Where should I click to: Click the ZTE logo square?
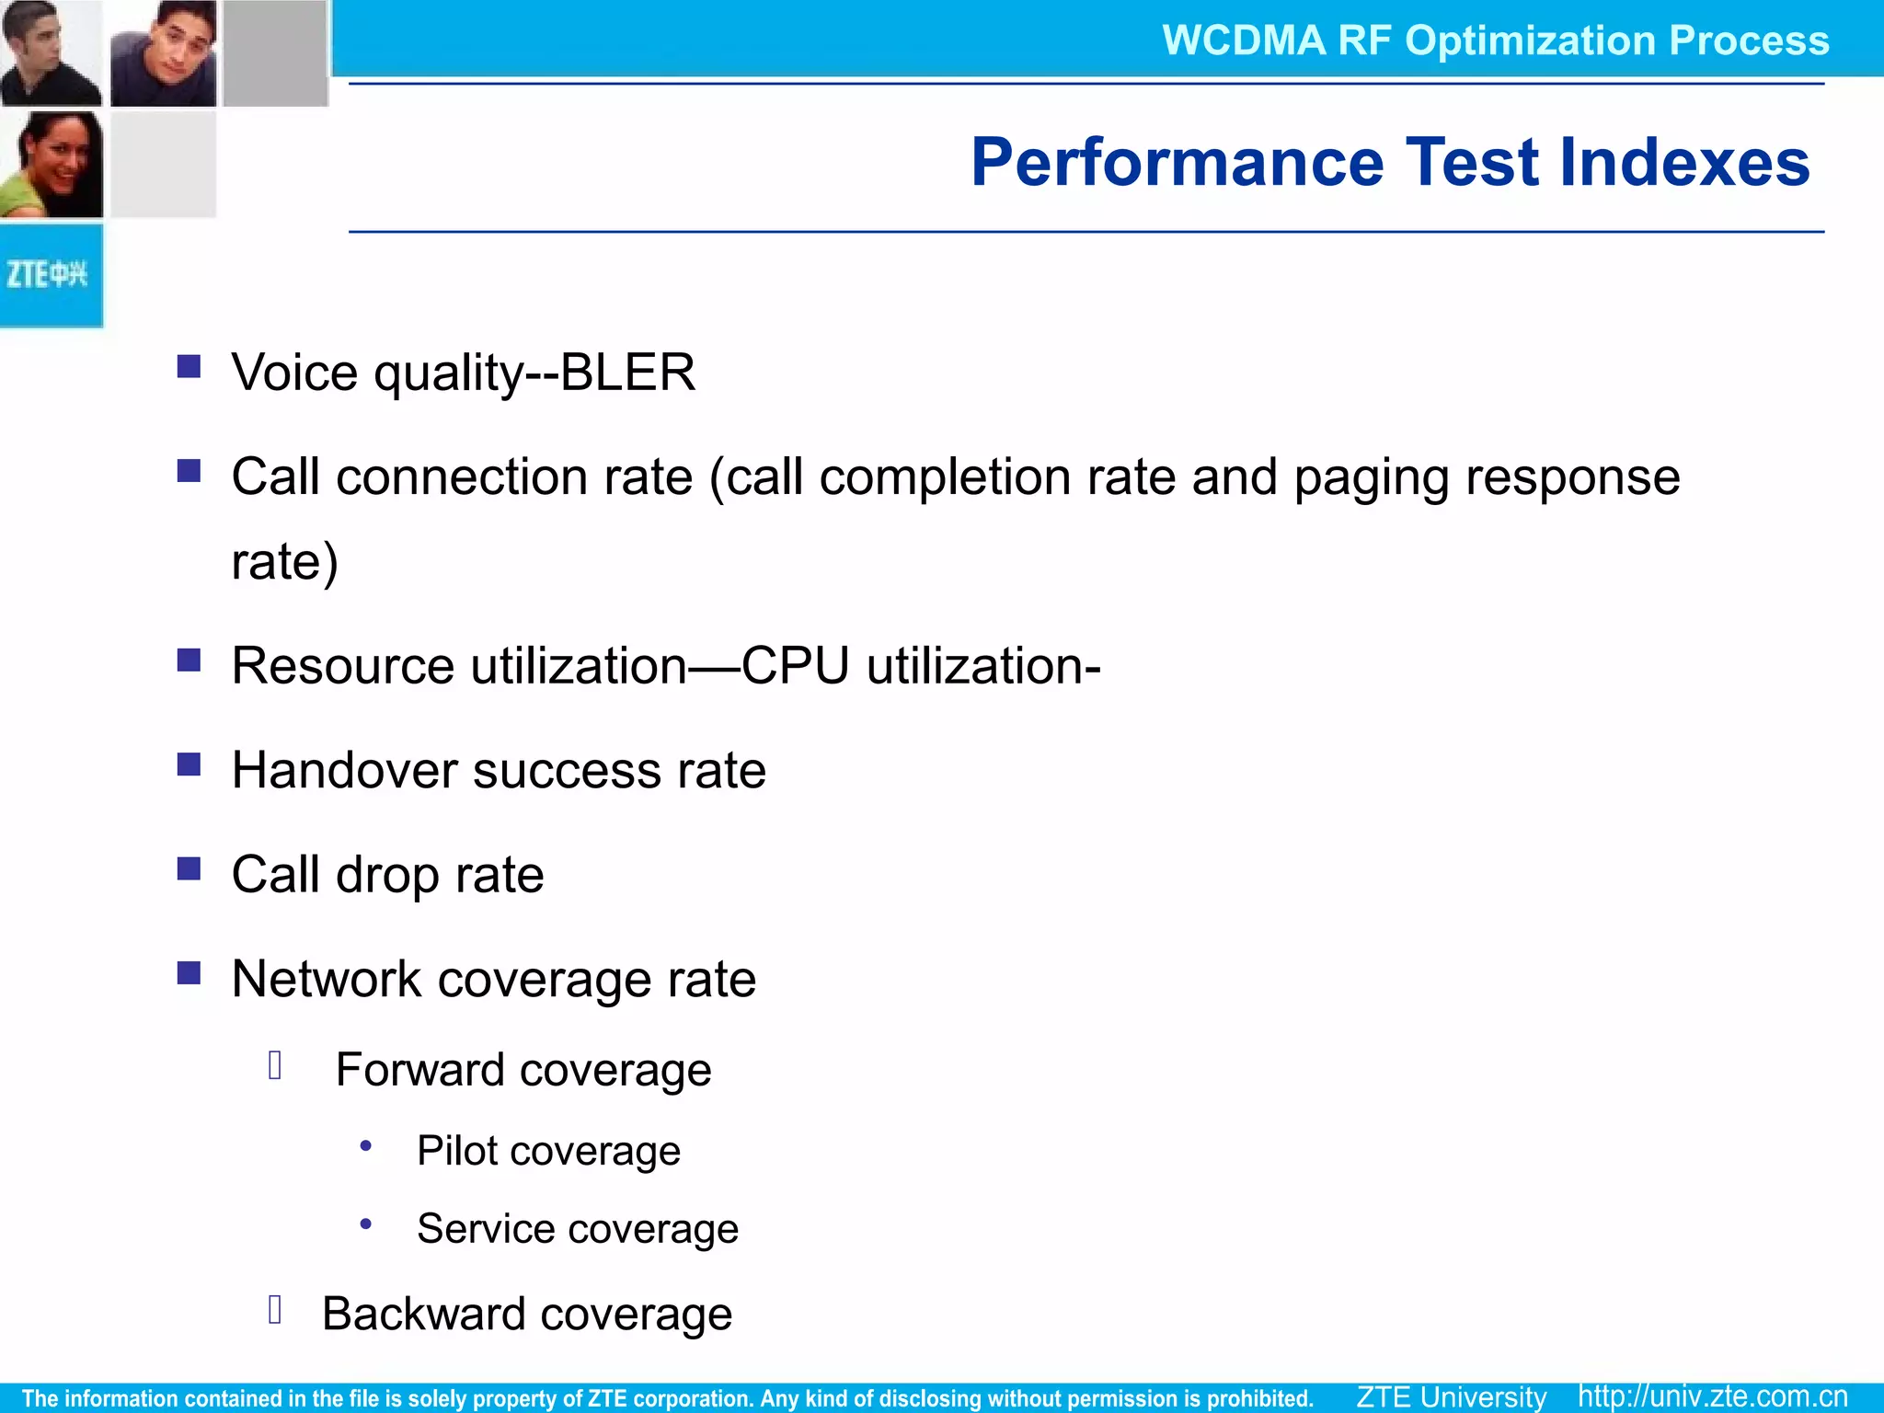pyautogui.click(x=51, y=275)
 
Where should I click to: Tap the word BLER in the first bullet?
pyautogui.click(x=627, y=373)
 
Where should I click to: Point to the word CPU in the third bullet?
pyautogui.click(x=795, y=666)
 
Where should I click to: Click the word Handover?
pyautogui.click(x=344, y=770)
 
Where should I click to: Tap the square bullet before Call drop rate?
pyautogui.click(x=189, y=869)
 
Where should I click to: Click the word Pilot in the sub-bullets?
pyautogui.click(x=457, y=1151)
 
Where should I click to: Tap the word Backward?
pyautogui.click(x=423, y=1314)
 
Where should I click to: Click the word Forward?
pyautogui.click(x=419, y=1070)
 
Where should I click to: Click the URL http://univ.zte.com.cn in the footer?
pyautogui.click(x=1712, y=1396)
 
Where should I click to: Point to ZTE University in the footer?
pyautogui.click(x=1451, y=1396)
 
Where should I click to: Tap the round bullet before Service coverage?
pyautogui.click(x=366, y=1223)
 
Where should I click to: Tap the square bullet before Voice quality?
pyautogui.click(x=189, y=367)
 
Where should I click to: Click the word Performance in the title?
pyautogui.click(x=1177, y=163)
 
